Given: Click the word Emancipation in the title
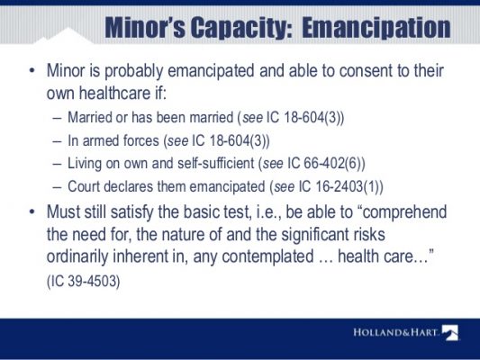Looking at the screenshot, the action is [376, 28].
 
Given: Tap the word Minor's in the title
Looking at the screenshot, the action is [145, 27].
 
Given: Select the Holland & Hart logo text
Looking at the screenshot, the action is [396, 332].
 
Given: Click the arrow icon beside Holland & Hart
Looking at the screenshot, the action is [450, 332].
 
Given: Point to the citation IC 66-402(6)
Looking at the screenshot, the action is [323, 163].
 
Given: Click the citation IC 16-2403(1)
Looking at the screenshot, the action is [338, 186].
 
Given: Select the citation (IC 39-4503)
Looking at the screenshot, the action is [83, 281].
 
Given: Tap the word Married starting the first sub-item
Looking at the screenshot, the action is [89, 117].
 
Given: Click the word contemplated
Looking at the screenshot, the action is [267, 256].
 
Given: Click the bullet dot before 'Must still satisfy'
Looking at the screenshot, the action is [32, 212].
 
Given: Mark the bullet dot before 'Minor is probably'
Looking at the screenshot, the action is [32, 71].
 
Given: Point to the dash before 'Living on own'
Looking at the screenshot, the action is [57, 164].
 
